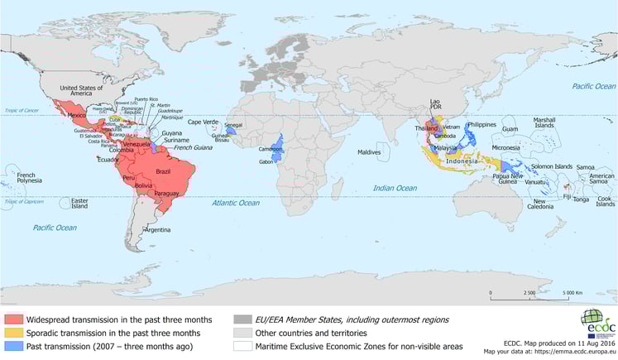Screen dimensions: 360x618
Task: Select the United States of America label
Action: [x=80, y=90]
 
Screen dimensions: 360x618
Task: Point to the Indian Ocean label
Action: [x=394, y=188]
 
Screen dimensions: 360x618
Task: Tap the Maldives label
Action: [x=369, y=152]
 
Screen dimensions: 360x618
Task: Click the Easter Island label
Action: [x=80, y=203]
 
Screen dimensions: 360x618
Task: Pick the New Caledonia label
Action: [x=538, y=204]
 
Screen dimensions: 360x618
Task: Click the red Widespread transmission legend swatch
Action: [x=13, y=319]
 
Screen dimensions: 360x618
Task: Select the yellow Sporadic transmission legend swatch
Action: [x=13, y=333]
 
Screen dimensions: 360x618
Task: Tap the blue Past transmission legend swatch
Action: [x=13, y=346]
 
